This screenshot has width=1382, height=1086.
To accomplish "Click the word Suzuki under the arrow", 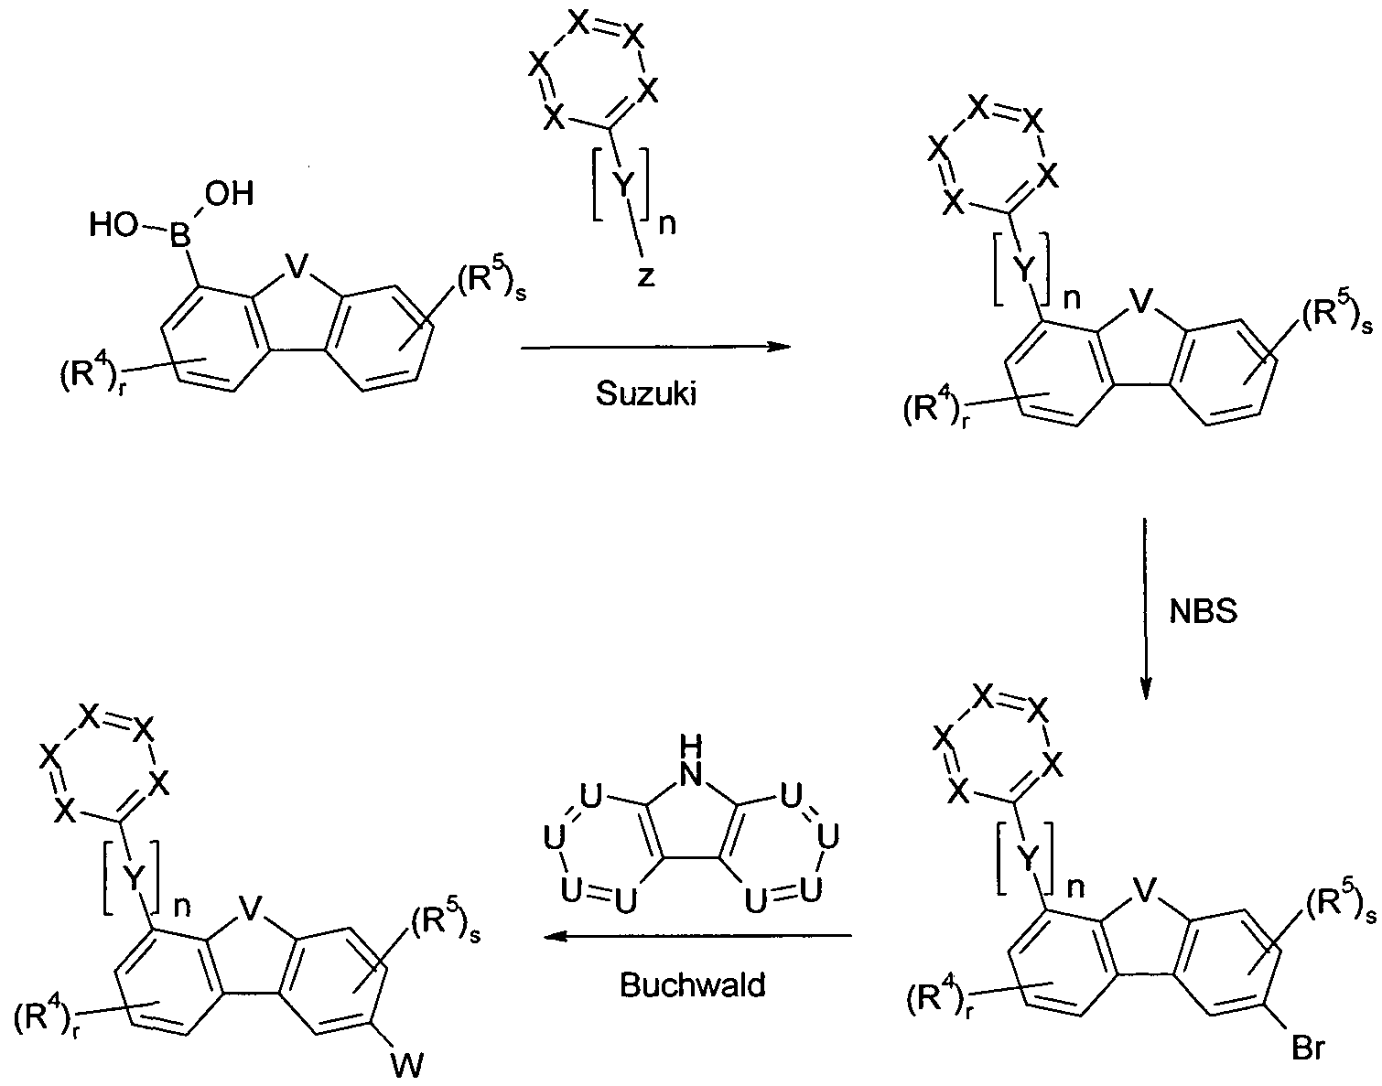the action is click(x=646, y=393).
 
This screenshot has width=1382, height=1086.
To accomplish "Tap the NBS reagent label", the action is click(x=1203, y=611).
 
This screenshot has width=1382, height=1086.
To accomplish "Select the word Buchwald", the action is click(x=693, y=984).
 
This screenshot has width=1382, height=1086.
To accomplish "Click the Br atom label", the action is click(x=1308, y=1048).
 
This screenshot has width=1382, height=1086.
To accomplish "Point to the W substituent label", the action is click(x=407, y=1067).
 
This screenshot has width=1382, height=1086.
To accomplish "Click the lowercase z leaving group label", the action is click(x=646, y=275).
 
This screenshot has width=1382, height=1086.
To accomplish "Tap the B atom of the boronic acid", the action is click(x=180, y=236).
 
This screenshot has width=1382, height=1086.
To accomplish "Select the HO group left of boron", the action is click(x=113, y=225).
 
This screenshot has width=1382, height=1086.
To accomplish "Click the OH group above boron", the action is click(x=229, y=193).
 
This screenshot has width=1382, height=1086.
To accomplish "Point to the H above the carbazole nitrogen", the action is click(x=691, y=747).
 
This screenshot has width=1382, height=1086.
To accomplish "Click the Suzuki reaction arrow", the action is click(x=655, y=348).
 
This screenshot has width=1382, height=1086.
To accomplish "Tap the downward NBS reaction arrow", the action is click(x=1145, y=608).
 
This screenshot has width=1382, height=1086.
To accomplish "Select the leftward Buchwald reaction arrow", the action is click(x=697, y=936).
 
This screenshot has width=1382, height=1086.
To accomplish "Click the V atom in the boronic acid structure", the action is click(x=296, y=266).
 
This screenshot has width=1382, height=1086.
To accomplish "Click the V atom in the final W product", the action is click(x=251, y=909).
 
